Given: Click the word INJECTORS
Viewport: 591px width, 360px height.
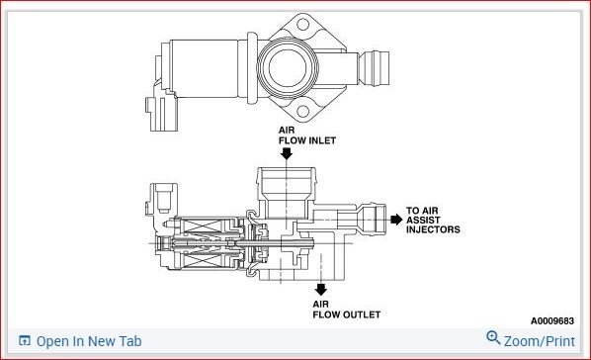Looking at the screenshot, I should (x=433, y=230).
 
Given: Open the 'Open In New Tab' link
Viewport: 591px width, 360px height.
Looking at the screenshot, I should (x=89, y=341).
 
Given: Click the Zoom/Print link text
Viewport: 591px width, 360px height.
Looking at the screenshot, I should (x=540, y=341).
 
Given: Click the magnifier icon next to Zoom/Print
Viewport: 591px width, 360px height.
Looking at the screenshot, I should (x=494, y=339).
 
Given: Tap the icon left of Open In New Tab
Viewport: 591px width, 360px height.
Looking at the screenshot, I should (x=25, y=341).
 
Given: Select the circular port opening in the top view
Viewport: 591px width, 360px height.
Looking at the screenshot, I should (x=291, y=70).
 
